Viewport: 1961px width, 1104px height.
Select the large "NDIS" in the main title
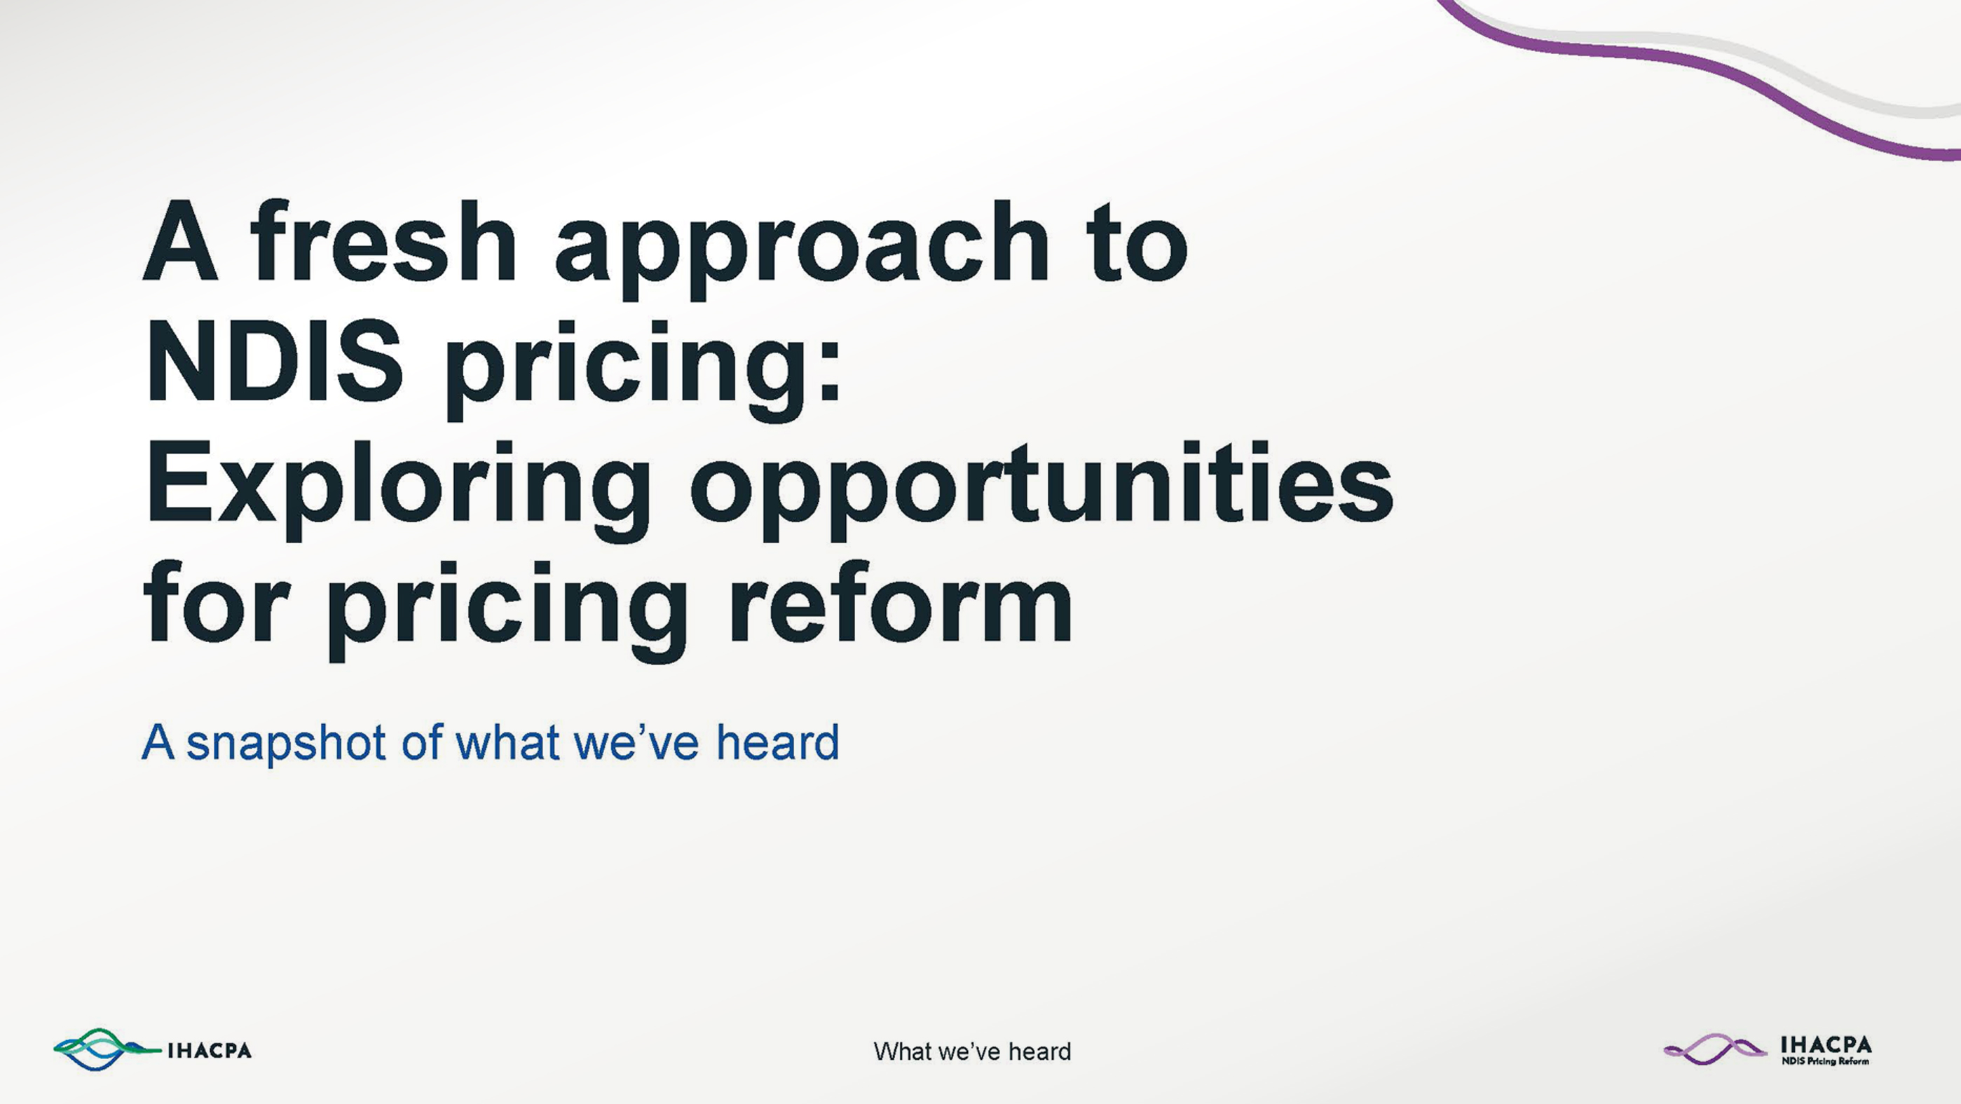[x=275, y=361]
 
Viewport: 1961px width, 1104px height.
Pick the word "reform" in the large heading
[x=901, y=601]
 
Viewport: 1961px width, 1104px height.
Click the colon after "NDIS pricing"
[x=831, y=372]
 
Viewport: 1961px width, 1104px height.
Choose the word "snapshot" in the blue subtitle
[x=286, y=743]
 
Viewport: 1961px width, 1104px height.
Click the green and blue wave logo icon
[x=107, y=1050]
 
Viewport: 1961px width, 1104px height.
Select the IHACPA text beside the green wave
[x=210, y=1051]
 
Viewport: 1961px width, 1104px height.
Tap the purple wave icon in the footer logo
[x=1714, y=1049]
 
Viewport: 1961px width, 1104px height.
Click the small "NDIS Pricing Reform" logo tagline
[x=1825, y=1061]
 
